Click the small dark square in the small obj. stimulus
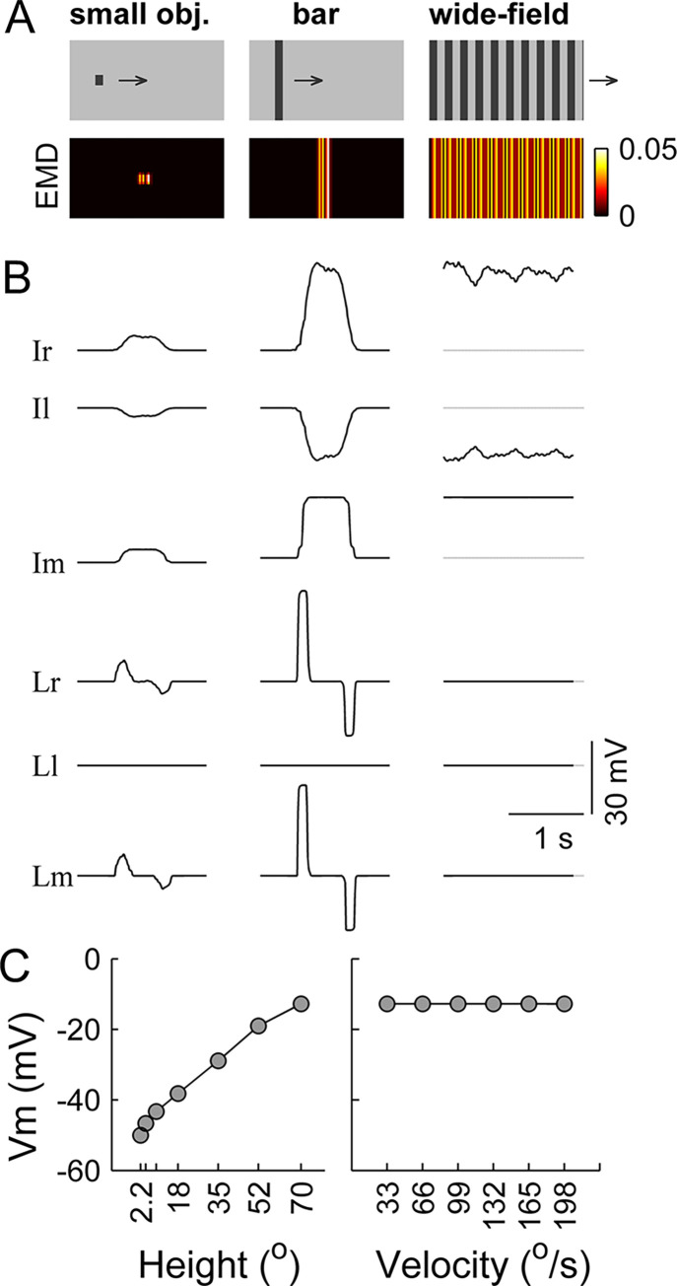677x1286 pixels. click(x=100, y=80)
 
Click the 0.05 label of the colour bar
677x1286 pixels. click(x=643, y=151)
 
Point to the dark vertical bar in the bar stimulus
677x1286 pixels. click(x=279, y=80)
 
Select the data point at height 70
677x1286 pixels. click(x=301, y=1003)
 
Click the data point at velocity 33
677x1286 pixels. click(x=387, y=1004)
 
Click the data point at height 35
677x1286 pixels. click(x=219, y=1060)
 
